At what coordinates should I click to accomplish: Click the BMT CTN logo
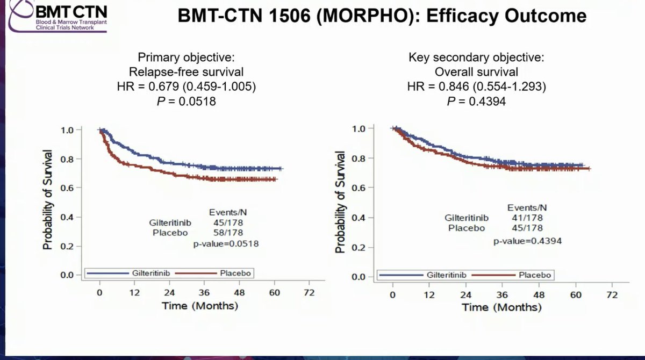coord(54,16)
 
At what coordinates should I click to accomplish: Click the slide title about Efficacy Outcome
coord(382,17)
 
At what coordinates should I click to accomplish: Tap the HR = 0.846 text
coord(464,85)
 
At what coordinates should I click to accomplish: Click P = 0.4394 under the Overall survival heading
coord(464,100)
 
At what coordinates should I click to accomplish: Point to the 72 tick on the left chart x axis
coord(309,293)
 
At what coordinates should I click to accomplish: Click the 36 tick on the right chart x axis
coord(502,296)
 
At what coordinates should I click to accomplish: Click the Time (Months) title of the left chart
coord(199,306)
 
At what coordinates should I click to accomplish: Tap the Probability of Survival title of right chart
coord(340,201)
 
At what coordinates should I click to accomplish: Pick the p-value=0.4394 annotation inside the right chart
coord(528,241)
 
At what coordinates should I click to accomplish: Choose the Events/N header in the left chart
coord(228,212)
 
